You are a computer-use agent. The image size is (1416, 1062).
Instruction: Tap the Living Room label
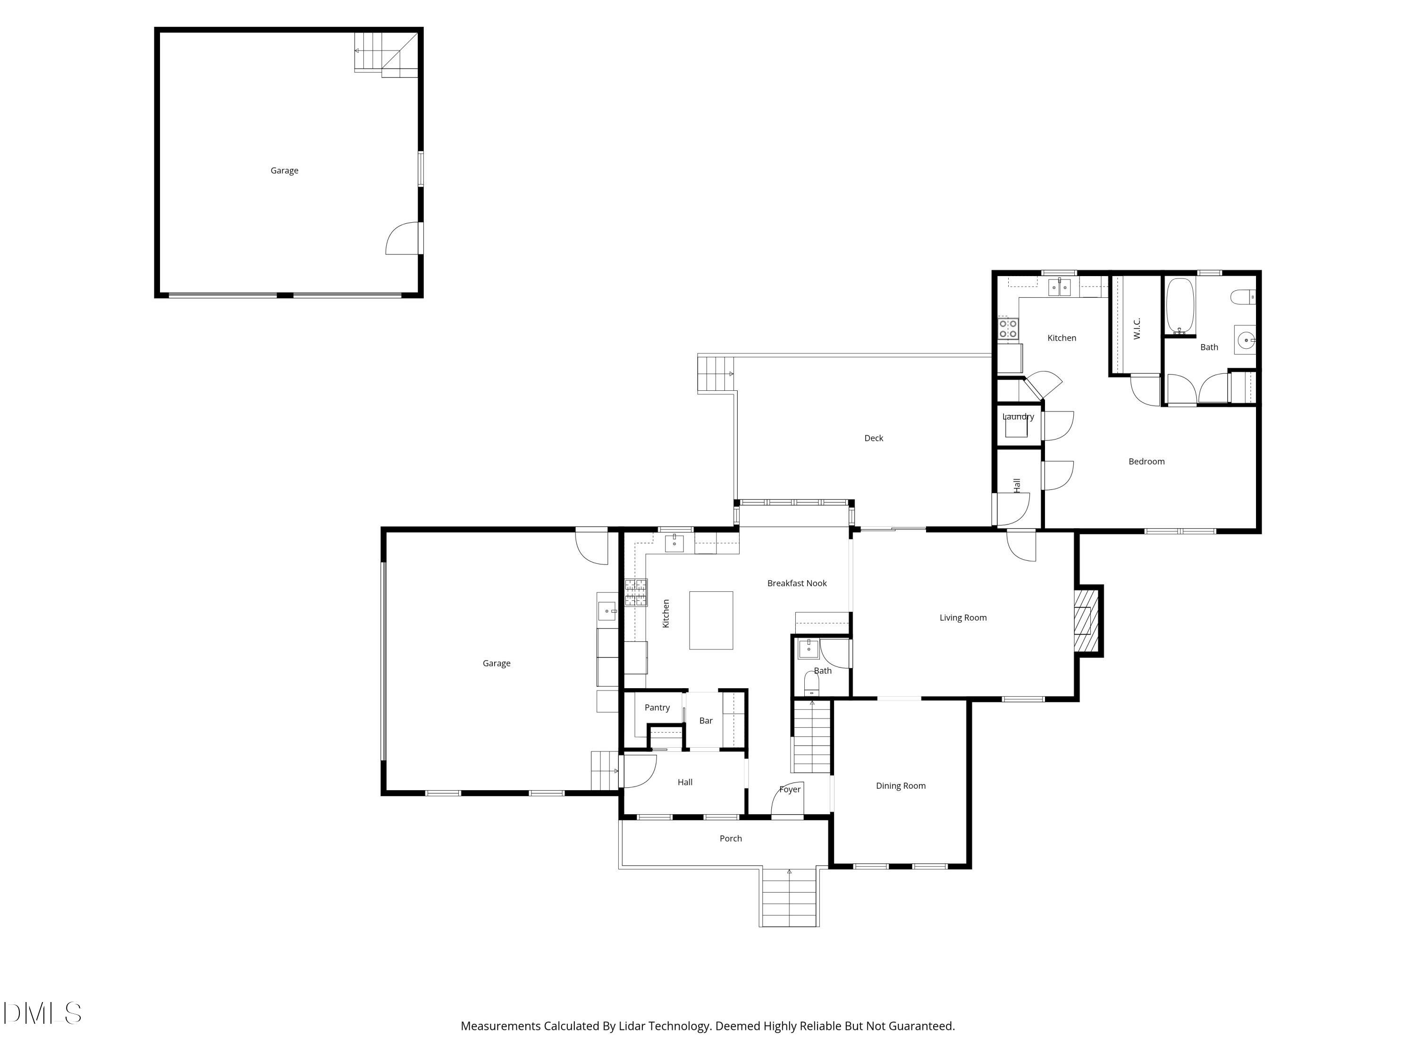pyautogui.click(x=963, y=618)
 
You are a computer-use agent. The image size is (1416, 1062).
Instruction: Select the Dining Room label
pyautogui.click(x=900, y=786)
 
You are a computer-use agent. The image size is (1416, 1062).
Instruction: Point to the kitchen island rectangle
pyautogui.click(x=710, y=620)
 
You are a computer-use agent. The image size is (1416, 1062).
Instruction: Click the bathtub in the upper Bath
pyautogui.click(x=1180, y=306)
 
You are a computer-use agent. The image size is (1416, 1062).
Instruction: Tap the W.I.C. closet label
pyautogui.click(x=1137, y=329)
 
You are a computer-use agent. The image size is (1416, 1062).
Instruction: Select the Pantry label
pyautogui.click(x=657, y=708)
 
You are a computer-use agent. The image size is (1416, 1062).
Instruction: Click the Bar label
pyautogui.click(x=706, y=721)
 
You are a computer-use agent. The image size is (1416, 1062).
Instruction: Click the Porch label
pyautogui.click(x=730, y=839)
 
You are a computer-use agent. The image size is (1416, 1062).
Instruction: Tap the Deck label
pyautogui.click(x=873, y=438)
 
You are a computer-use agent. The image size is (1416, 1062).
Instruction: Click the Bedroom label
pyautogui.click(x=1146, y=462)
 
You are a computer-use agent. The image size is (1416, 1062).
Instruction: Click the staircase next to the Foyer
pyautogui.click(x=812, y=737)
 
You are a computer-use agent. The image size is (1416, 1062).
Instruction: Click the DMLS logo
pyautogui.click(x=42, y=1013)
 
